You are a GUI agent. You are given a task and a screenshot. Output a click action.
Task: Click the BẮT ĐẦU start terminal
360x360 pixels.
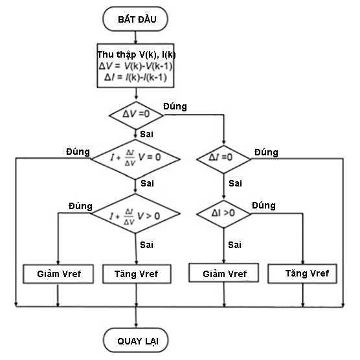pos(135,19)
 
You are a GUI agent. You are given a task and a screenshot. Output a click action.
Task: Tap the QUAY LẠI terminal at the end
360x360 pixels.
pos(135,340)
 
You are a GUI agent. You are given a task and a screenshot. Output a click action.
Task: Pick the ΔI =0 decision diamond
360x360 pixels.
pos(223,157)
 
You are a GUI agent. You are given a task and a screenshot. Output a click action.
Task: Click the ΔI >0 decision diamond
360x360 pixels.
pos(223,211)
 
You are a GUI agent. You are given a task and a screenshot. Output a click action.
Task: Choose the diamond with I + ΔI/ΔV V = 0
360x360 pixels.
pos(135,157)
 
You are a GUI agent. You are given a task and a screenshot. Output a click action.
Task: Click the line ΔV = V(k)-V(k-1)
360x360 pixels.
pos(135,66)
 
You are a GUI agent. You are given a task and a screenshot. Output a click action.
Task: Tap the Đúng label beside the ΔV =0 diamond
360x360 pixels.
pos(174,106)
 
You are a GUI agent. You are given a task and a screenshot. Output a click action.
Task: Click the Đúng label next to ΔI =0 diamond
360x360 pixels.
pos(266,152)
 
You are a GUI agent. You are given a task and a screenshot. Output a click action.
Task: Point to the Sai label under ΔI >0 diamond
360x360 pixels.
pos(235,245)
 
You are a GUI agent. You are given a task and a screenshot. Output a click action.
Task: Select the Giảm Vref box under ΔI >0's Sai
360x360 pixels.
pos(224,273)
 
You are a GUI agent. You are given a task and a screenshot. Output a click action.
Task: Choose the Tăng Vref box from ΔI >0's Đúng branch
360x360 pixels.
pos(303,273)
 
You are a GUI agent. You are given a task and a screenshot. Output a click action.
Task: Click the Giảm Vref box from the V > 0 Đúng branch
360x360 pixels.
pos(58,274)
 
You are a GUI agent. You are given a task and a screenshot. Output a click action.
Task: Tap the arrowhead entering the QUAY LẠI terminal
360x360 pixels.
pos(135,324)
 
